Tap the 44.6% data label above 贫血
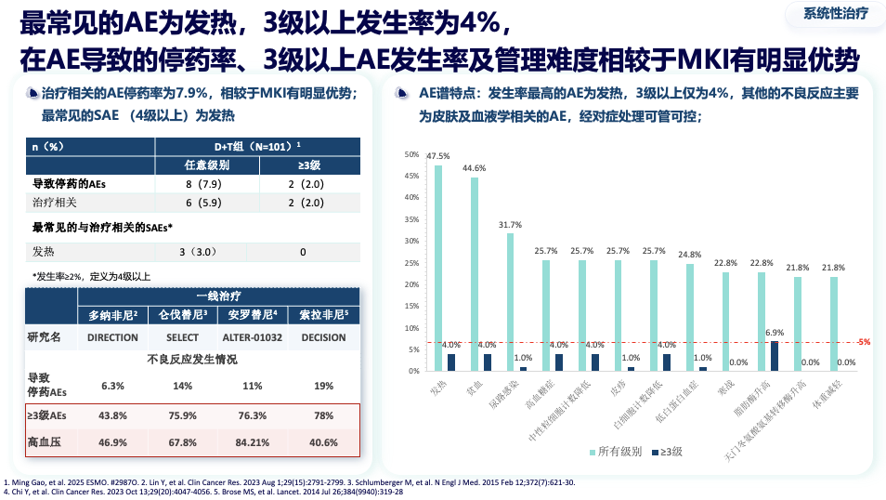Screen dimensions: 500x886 [474, 168]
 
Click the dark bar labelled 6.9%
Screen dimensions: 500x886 [775, 356]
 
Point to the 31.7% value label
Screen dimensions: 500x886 [510, 225]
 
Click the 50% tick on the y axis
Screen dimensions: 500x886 [412, 154]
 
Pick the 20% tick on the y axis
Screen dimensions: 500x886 [412, 283]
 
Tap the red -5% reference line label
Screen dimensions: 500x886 [864, 342]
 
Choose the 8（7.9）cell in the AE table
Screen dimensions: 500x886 [201, 184]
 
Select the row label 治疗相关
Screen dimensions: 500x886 [55, 202]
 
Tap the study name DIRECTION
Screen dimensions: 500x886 [112, 337]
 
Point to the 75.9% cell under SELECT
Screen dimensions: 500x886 [182, 415]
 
